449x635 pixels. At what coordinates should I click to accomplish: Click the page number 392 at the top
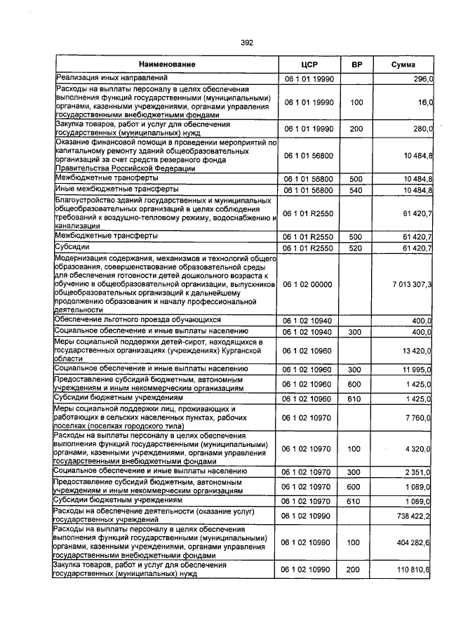[x=246, y=43]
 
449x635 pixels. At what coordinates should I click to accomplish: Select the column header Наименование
[x=166, y=65]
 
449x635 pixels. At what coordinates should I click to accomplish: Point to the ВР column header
[x=356, y=65]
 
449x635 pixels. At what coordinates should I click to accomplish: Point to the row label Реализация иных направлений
[x=112, y=77]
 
